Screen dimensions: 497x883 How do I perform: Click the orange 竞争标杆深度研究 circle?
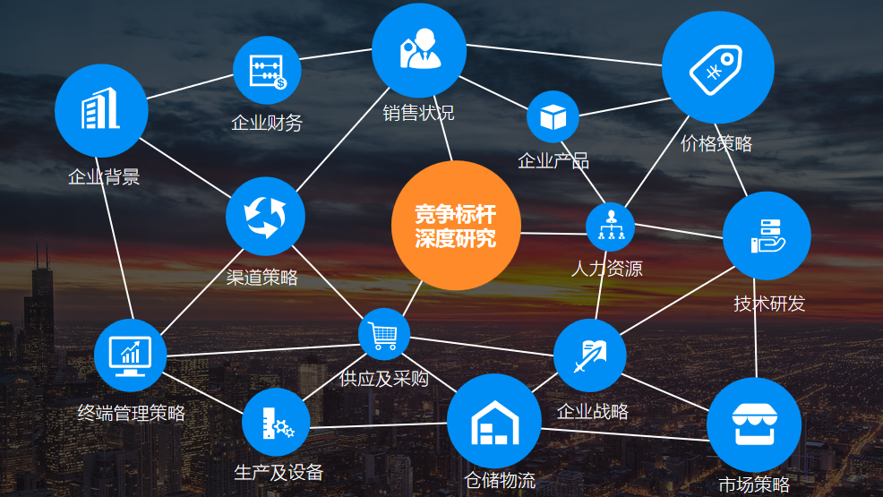[x=455, y=226]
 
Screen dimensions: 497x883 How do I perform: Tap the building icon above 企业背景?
[x=100, y=110]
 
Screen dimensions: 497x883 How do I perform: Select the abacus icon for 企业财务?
[x=267, y=71]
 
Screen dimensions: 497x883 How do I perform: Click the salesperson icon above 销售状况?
[x=419, y=50]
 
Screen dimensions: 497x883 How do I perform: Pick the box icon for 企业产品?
[x=553, y=116]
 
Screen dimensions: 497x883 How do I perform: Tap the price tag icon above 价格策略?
[x=717, y=68]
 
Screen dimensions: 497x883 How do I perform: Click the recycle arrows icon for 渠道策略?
[x=265, y=216]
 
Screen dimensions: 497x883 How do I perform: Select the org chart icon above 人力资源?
[x=611, y=226]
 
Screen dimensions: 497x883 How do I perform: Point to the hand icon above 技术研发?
[x=766, y=235]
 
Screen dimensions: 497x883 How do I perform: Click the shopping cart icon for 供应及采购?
[x=384, y=335]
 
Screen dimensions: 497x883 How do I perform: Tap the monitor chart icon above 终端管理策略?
[x=130, y=355]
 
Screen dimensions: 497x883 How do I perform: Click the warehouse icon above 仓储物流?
[x=493, y=421]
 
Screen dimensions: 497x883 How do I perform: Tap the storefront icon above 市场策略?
[x=753, y=424]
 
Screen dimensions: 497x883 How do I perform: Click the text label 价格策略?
[x=716, y=143]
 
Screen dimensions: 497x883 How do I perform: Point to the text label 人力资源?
[x=606, y=268]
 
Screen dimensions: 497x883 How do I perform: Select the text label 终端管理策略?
[x=132, y=413]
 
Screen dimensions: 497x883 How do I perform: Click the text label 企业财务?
[x=267, y=123]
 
